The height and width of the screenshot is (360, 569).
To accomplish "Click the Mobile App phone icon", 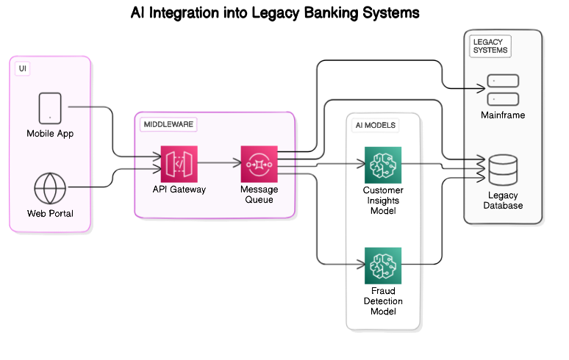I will point(50,108).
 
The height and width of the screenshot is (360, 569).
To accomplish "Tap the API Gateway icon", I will point(179,164).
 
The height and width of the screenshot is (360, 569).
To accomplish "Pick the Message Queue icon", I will point(259,164).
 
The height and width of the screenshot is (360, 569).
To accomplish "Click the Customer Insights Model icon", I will point(383,165).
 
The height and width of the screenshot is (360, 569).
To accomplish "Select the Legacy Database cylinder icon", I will point(503,170).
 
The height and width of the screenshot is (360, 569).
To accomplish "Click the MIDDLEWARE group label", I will point(168,124).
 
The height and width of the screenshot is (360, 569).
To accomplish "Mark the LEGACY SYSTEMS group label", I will point(490,46).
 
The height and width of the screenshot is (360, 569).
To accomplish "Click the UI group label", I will point(23,68).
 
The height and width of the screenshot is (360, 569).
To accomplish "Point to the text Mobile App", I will point(50,134).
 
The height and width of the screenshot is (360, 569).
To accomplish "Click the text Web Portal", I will point(50,214).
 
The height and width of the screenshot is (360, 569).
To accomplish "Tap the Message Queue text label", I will point(259,194).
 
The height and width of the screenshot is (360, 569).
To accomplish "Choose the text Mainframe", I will point(503,115).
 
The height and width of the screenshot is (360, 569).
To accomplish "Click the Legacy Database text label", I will point(503,201).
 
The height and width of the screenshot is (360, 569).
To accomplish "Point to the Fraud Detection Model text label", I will point(383,301).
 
